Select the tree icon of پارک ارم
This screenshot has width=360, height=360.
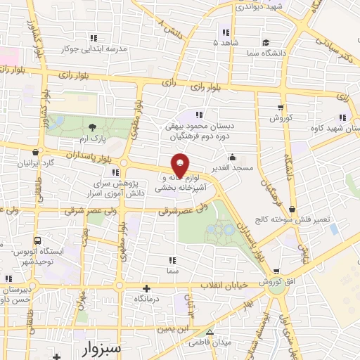(94, 127)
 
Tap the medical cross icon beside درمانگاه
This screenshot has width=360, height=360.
(146, 288)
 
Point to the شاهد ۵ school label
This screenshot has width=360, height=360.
(225, 42)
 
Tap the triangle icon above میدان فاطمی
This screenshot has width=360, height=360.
(209, 332)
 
